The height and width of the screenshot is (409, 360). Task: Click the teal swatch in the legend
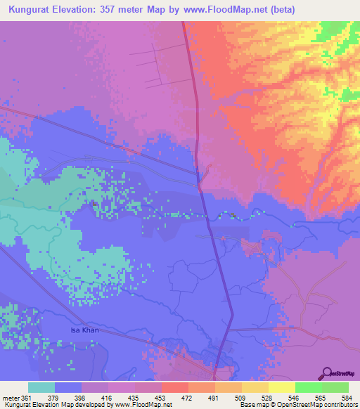[41, 387]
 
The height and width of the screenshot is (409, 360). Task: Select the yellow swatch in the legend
[282, 387]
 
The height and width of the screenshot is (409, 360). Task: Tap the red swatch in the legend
[175, 387]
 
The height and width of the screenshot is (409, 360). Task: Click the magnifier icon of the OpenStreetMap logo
[326, 372]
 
